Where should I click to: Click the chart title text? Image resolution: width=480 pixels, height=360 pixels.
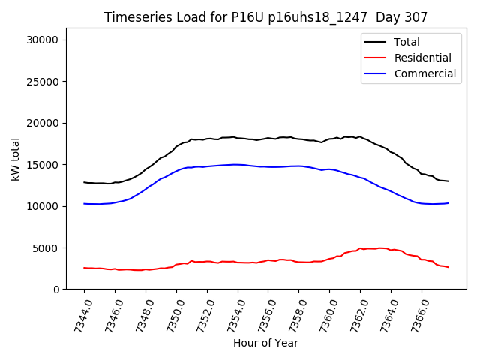(265, 17)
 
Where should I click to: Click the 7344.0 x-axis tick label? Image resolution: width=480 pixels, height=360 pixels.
(79, 313)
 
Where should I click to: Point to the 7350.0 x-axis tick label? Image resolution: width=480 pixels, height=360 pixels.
(171, 313)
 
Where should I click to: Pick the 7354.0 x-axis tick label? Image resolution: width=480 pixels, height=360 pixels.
(232, 313)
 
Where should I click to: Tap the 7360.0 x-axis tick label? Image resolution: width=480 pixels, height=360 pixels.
(324, 313)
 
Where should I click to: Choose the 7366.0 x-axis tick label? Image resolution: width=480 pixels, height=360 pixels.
(416, 313)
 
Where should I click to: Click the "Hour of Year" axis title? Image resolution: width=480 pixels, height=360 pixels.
(265, 343)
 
